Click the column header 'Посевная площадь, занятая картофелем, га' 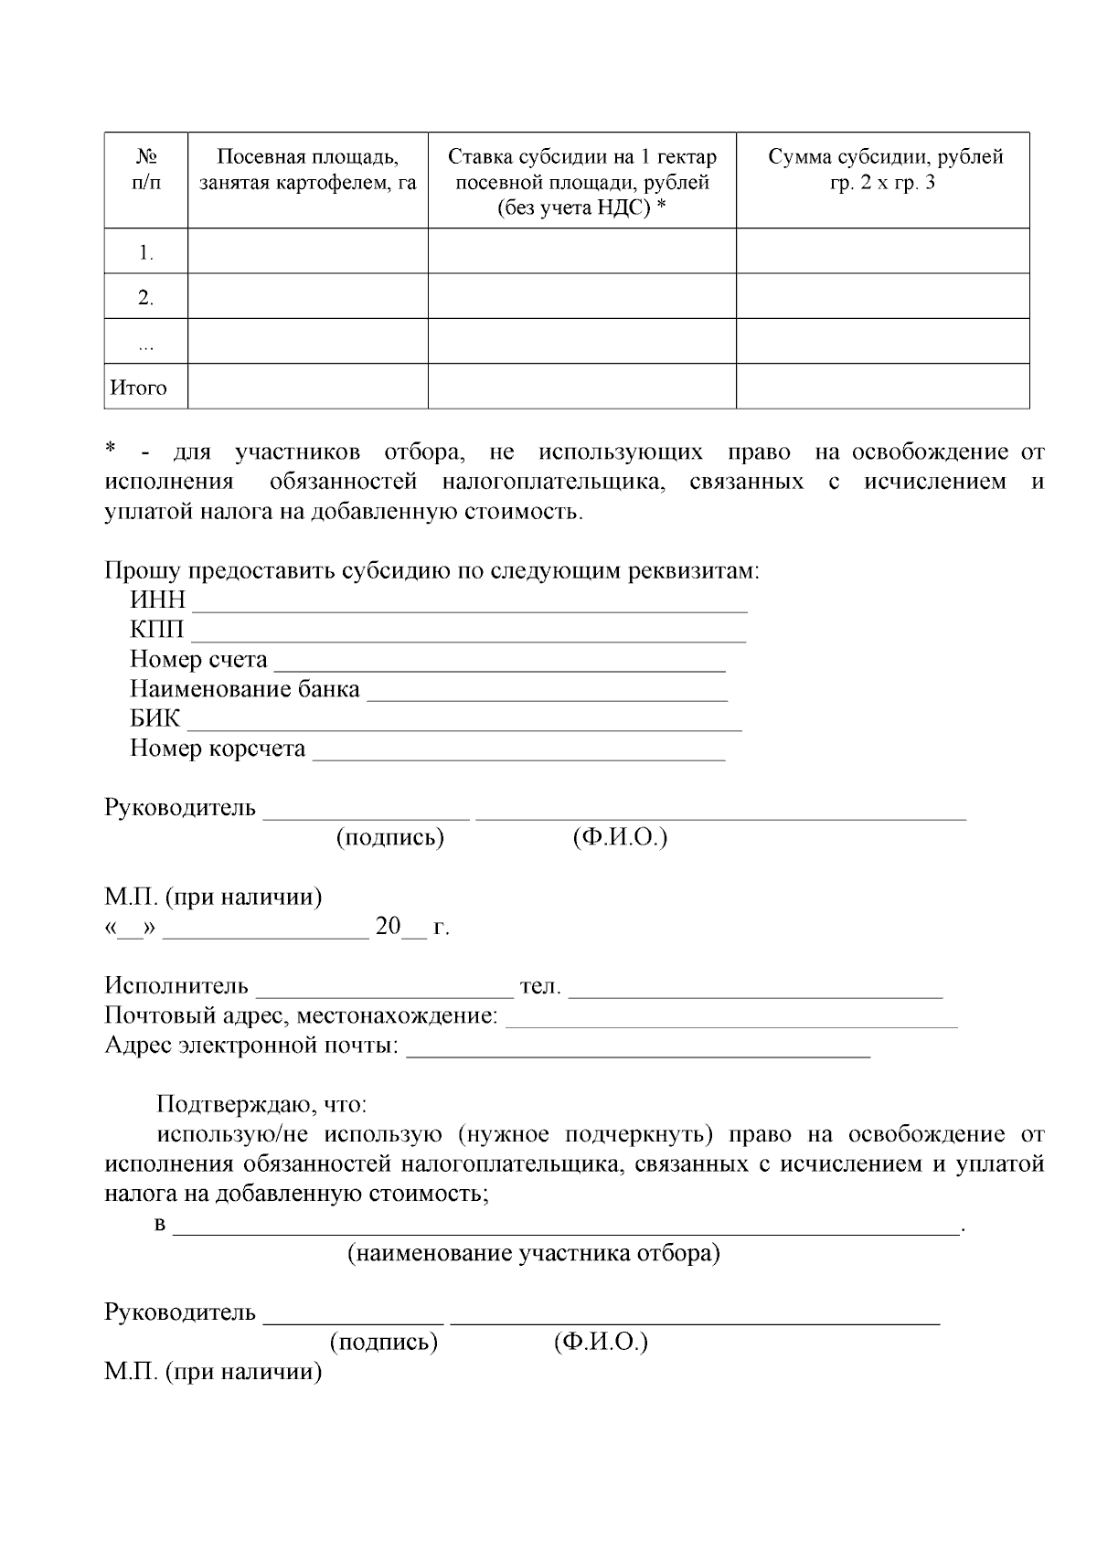(x=307, y=170)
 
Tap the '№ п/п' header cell (x=145, y=170)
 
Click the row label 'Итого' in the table (x=139, y=388)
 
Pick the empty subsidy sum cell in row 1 (x=882, y=251)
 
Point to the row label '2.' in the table (x=145, y=297)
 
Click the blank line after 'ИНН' (x=469, y=603)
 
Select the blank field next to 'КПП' (x=467, y=632)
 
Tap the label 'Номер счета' (x=198, y=660)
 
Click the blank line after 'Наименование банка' (x=547, y=692)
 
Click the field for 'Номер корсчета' (x=518, y=751)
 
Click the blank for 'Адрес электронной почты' (x=637, y=1049)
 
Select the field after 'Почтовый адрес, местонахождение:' (x=731, y=1019)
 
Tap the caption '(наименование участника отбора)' (x=533, y=1253)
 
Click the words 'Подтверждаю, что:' (x=261, y=1105)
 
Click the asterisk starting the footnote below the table (x=111, y=450)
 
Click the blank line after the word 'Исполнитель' (x=385, y=990)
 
